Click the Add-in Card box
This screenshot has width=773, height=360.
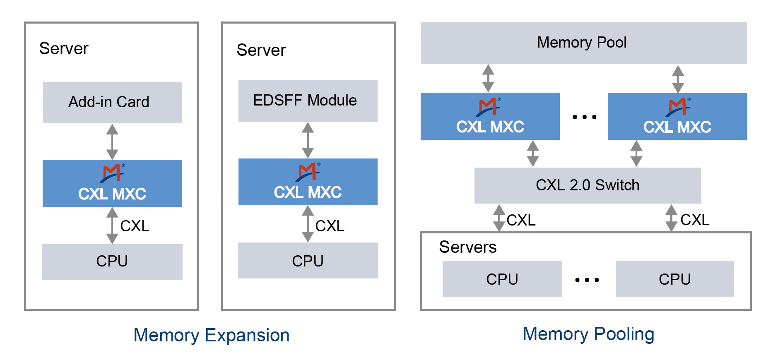112,102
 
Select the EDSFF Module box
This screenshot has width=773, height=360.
308,101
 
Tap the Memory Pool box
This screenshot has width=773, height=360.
583,43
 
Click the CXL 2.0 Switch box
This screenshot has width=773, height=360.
587,185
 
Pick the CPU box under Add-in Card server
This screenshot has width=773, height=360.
112,262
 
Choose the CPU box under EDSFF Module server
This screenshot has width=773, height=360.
308,261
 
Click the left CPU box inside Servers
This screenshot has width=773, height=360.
502,279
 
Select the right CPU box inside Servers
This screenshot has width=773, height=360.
674,279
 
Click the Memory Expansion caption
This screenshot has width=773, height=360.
211,335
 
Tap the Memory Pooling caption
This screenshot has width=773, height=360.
588,334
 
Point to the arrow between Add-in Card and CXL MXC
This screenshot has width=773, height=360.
112,142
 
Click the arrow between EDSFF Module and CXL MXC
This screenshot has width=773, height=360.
308,140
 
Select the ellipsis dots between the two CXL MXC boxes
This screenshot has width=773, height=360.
584,117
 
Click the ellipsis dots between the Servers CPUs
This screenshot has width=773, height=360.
587,280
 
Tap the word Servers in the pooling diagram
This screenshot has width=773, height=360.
467,247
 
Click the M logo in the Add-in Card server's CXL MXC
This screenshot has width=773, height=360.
112,173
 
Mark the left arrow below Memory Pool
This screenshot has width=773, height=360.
488,78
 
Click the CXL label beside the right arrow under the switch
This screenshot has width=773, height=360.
695,220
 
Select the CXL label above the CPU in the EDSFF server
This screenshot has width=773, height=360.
330,226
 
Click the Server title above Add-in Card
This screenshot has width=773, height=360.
64,48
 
